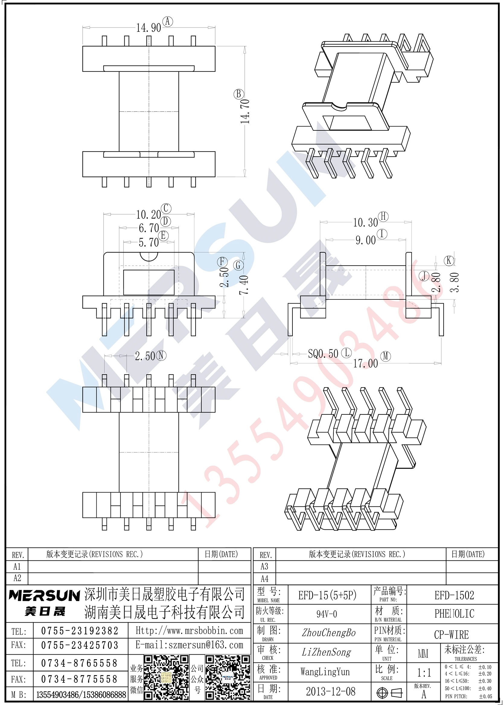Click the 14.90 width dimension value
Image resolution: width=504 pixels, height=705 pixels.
click(x=149, y=28)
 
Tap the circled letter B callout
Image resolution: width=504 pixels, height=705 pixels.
click(x=239, y=94)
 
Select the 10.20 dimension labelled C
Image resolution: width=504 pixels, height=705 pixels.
click(x=148, y=214)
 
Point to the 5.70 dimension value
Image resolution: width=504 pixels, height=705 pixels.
click(x=149, y=242)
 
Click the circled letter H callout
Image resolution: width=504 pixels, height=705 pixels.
click(x=384, y=217)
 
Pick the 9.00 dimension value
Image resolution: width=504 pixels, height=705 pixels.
click(x=365, y=240)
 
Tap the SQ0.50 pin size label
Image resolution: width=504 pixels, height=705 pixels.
click(x=323, y=354)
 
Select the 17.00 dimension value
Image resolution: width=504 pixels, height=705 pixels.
click(x=365, y=363)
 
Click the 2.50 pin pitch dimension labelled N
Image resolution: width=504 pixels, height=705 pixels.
click(x=145, y=356)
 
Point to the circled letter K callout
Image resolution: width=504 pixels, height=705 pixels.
click(x=449, y=260)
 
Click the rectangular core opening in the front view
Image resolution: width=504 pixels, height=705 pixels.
click(x=149, y=282)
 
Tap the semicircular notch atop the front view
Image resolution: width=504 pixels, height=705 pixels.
click(x=149, y=257)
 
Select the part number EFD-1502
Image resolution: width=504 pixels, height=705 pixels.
click(x=454, y=595)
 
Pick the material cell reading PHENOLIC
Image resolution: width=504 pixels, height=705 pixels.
click(x=454, y=614)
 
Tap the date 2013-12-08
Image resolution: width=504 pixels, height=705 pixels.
click(x=331, y=691)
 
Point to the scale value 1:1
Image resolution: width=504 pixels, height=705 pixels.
click(x=424, y=672)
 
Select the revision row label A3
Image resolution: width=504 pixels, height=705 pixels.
click(x=264, y=566)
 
